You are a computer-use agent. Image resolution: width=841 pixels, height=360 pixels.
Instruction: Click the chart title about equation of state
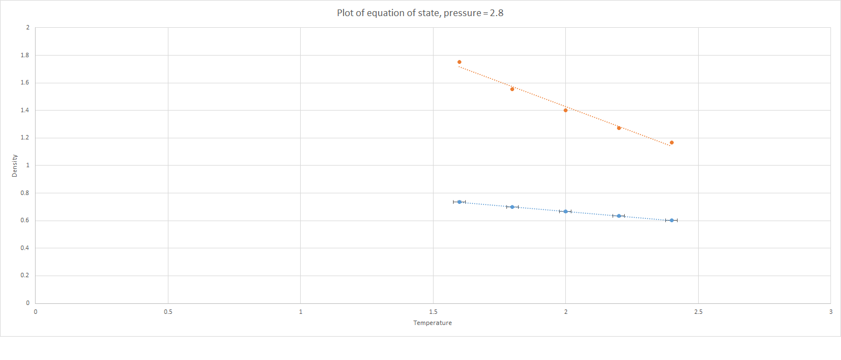[420, 13]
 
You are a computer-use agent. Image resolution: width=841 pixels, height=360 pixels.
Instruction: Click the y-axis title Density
[14, 166]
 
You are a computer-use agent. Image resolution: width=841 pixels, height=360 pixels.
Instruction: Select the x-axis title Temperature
[432, 323]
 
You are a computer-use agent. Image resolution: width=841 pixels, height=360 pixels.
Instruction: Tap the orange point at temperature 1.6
[459, 62]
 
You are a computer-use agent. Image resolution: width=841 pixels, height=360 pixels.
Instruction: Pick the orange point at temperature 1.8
[512, 89]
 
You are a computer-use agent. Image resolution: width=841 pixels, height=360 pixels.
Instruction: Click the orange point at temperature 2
[565, 110]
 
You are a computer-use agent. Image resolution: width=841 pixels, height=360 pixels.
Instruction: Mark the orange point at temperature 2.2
[619, 128]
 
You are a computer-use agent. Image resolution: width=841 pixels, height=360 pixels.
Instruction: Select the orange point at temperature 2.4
[671, 143]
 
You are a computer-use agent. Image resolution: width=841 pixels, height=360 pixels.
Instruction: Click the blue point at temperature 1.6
[459, 202]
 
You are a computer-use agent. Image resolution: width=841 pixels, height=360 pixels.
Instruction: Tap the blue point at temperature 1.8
[512, 207]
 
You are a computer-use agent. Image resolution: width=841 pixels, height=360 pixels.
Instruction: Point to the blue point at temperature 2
[565, 211]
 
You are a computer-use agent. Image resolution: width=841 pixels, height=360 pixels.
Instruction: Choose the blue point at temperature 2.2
[619, 216]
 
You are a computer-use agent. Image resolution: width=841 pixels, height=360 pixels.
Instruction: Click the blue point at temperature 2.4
[671, 220]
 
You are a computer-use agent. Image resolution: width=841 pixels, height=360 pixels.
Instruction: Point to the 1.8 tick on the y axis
[25, 56]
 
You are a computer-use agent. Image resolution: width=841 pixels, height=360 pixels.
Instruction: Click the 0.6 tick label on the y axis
[25, 221]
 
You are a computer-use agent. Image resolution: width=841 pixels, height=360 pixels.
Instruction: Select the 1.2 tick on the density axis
[25, 138]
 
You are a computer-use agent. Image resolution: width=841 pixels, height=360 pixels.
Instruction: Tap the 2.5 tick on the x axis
[698, 312]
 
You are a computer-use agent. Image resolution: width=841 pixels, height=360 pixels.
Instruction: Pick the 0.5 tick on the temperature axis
[168, 312]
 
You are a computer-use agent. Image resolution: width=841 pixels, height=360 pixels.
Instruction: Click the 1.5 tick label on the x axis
[433, 312]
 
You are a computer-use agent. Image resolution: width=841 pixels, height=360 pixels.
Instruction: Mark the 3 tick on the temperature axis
[830, 312]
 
